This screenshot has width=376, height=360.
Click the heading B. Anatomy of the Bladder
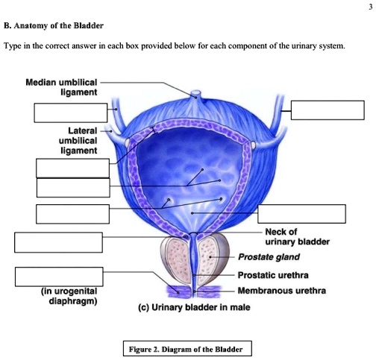pos(53,25)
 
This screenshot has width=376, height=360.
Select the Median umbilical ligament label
pos(65,86)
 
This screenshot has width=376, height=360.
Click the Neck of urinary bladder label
pos(292,236)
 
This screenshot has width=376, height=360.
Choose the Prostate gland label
pos(269,257)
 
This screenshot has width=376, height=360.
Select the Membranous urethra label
pos(282,291)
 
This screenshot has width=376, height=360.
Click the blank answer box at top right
pos(322,110)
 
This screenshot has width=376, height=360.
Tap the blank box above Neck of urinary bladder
pos(301,213)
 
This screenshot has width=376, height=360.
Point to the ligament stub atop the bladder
pos(195,95)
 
